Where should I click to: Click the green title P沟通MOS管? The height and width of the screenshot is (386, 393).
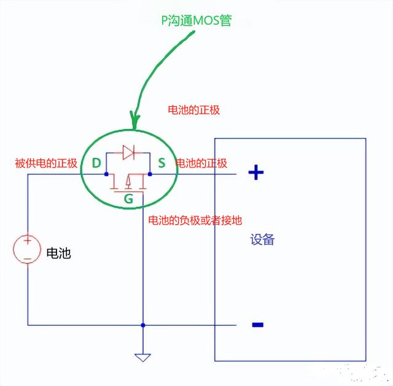click(196, 20)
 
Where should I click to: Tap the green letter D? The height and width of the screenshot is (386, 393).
click(96, 163)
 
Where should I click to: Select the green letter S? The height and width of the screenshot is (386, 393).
click(161, 163)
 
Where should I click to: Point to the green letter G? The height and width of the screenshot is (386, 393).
click(128, 199)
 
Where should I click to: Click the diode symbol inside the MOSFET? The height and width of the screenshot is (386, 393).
click(128, 152)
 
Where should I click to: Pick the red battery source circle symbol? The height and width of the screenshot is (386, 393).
click(28, 249)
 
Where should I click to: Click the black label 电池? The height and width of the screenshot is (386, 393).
click(58, 253)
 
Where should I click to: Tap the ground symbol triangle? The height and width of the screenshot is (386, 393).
click(142, 357)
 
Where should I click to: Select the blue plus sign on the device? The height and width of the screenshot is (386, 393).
click(255, 172)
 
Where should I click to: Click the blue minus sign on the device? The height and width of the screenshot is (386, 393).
click(258, 325)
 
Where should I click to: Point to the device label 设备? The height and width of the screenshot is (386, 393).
click(262, 240)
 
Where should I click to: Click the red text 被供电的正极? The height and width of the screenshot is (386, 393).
click(46, 163)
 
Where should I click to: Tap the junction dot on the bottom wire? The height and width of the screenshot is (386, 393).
click(142, 325)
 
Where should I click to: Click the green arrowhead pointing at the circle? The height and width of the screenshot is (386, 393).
click(134, 120)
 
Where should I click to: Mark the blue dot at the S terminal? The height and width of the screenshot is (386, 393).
click(150, 174)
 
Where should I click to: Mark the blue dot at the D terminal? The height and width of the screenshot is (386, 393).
click(106, 174)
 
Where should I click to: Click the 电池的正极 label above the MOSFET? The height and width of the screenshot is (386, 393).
click(194, 110)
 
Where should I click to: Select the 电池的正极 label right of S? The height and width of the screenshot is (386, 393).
click(201, 163)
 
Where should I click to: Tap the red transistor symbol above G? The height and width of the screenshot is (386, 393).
click(128, 183)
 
